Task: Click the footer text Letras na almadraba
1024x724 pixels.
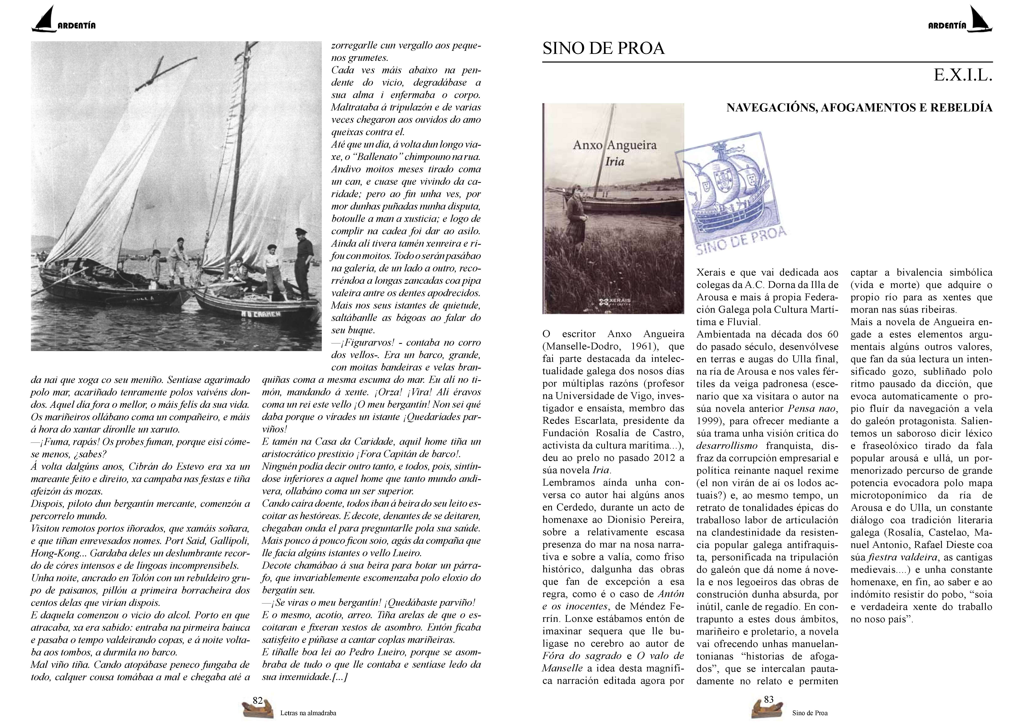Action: (308, 713)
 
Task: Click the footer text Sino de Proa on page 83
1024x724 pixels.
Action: (810, 713)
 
